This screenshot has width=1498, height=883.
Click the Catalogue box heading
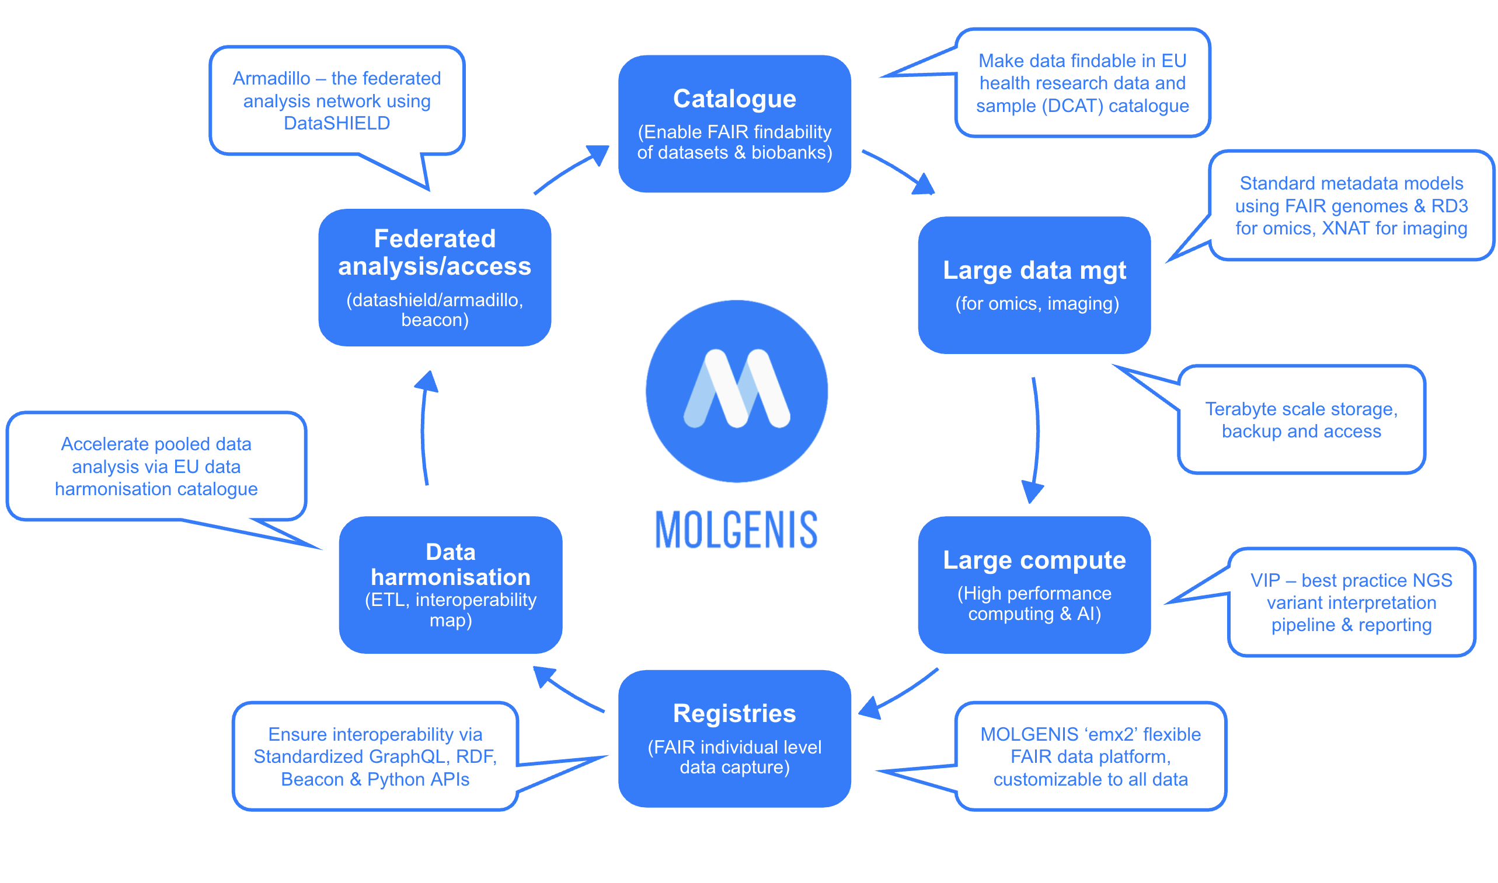(734, 99)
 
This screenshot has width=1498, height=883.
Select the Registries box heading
(734, 713)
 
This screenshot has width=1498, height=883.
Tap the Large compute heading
(1034, 560)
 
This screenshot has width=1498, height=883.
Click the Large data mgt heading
(1034, 270)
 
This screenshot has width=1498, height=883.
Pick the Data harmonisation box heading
(451, 564)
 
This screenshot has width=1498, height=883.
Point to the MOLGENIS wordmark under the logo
(736, 530)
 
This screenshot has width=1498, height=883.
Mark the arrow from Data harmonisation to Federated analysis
(424, 429)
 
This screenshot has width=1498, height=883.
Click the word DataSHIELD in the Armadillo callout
(336, 123)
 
